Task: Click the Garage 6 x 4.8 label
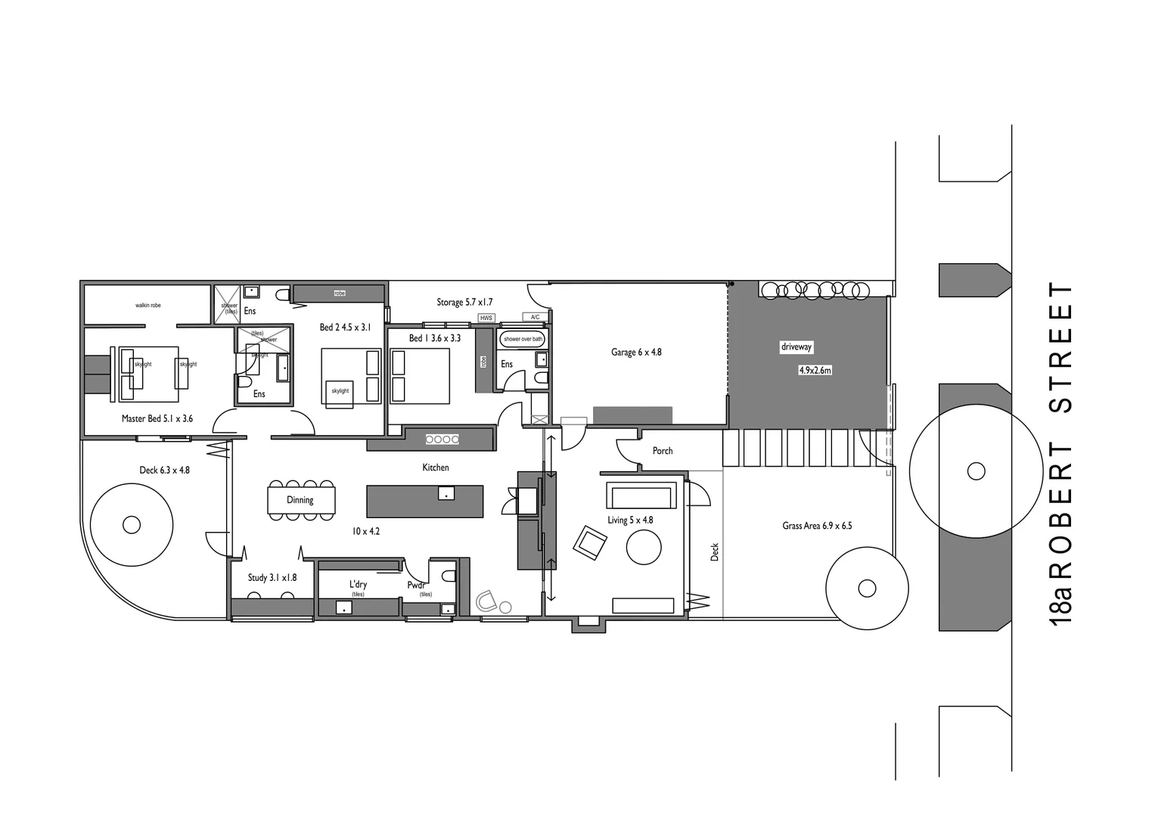[636, 353]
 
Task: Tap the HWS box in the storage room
[486, 318]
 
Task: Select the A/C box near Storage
[535, 317]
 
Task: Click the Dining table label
[300, 500]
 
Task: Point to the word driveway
[796, 347]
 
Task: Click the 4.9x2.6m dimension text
[815, 371]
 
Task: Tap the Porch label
[663, 451]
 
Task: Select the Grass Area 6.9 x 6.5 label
[817, 526]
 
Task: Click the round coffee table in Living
[644, 547]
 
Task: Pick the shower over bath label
[523, 339]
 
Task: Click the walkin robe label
[148, 306]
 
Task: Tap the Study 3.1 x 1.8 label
[272, 578]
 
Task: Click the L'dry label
[358, 585]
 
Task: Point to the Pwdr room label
[416, 586]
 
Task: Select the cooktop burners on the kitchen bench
[442, 439]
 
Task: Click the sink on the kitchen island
[446, 493]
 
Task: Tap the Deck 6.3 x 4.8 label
[164, 471]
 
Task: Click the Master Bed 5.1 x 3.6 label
[157, 418]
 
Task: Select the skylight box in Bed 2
[340, 391]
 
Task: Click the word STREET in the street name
[1061, 348]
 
